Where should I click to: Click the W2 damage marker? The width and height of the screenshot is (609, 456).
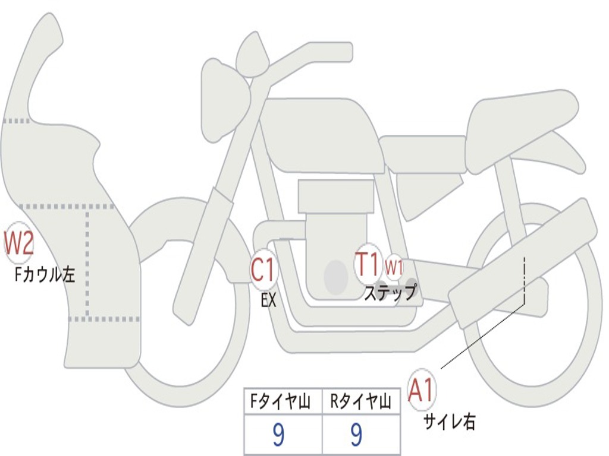tap(19, 243)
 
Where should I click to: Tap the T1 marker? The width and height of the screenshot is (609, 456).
tap(368, 264)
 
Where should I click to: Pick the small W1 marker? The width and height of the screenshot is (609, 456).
tap(394, 267)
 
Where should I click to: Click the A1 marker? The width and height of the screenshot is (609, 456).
tap(422, 390)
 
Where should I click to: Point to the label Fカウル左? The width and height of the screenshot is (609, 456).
tap(45, 274)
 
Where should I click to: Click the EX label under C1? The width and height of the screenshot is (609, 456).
tap(269, 300)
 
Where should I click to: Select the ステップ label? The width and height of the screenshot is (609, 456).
tap(390, 293)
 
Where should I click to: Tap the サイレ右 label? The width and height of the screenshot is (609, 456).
tap(450, 422)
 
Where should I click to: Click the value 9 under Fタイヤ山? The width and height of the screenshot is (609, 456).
tap(278, 435)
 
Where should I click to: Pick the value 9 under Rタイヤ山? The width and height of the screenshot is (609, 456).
tap(356, 435)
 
